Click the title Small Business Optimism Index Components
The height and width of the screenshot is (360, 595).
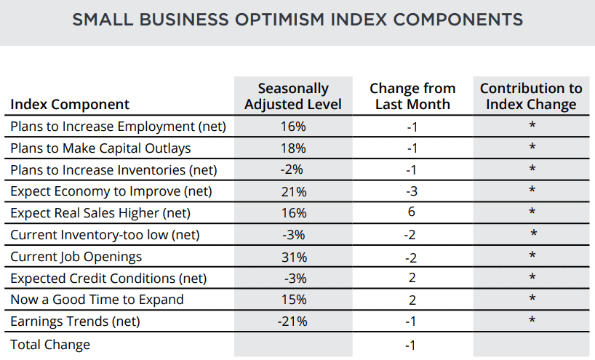[x=297, y=20]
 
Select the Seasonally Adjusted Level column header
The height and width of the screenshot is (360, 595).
[x=293, y=96]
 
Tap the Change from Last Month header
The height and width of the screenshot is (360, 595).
[x=412, y=96]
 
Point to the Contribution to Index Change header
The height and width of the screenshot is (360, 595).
[x=531, y=96]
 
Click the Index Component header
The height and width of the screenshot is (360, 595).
[x=70, y=104]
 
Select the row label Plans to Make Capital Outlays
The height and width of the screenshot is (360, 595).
[x=100, y=148]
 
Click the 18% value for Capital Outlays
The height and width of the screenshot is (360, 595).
[x=293, y=148]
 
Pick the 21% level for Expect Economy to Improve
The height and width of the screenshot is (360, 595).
[x=294, y=192]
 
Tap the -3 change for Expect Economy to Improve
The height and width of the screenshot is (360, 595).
[x=412, y=191]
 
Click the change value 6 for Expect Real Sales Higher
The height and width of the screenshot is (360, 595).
[x=412, y=212]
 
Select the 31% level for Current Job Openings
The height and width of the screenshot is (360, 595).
[x=294, y=257]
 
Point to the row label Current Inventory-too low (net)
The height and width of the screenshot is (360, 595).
[x=105, y=235]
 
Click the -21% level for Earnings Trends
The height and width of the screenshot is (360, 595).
[x=292, y=321]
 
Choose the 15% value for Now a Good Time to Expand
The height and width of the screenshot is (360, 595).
[x=294, y=300]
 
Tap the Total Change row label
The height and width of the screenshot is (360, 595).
[x=50, y=345]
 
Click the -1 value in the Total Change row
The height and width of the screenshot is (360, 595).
[x=410, y=345]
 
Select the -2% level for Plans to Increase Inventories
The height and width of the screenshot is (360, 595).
[x=292, y=169]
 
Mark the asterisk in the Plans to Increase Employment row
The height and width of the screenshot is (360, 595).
[x=532, y=125]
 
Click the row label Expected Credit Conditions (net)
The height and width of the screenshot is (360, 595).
[x=108, y=279]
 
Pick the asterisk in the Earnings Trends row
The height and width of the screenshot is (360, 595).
[x=532, y=320]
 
